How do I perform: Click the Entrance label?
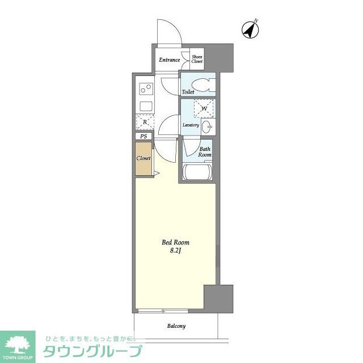(x=169, y=60)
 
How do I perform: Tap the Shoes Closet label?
(x=197, y=58)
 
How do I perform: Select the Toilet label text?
(x=188, y=92)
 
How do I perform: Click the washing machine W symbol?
(x=203, y=108)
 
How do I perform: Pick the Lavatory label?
(x=190, y=125)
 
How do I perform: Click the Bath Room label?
(x=205, y=152)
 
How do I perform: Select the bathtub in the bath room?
(x=197, y=172)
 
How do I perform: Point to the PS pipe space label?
(x=143, y=137)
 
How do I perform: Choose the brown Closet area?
(x=143, y=159)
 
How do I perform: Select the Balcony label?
(x=176, y=326)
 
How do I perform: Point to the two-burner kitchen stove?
(x=145, y=89)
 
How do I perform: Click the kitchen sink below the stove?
(x=145, y=106)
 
